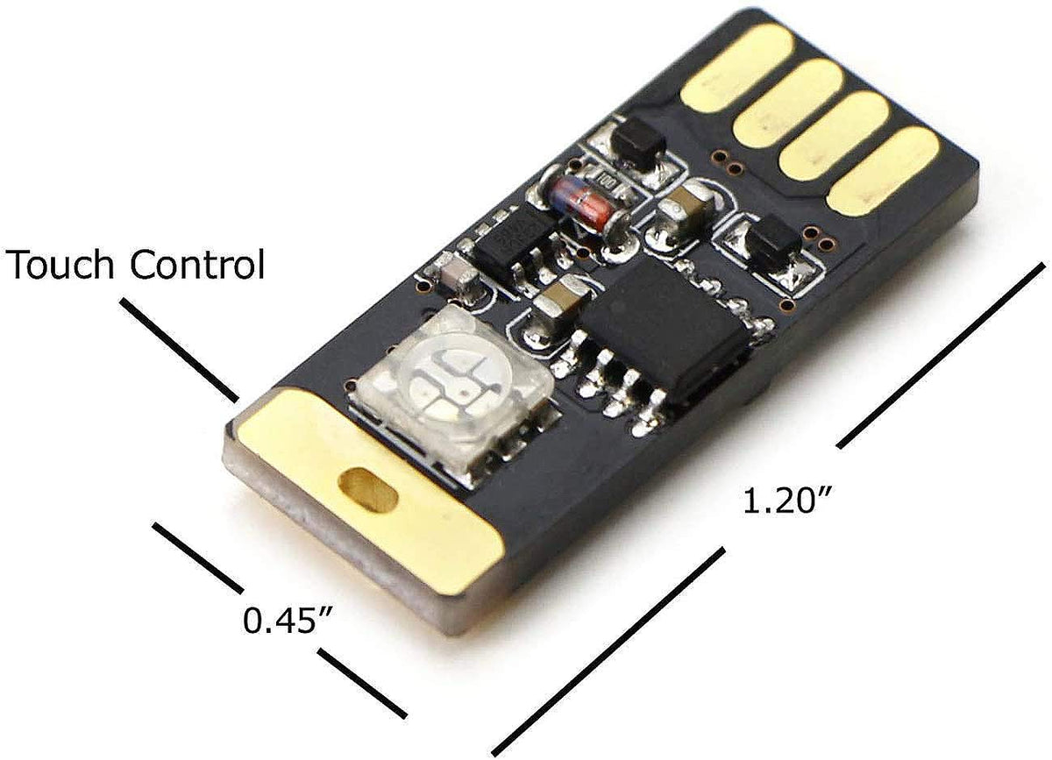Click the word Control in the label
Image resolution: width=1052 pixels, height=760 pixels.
198,264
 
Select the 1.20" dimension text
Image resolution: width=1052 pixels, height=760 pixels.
787,501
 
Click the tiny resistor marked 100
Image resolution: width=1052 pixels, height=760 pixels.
608,183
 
